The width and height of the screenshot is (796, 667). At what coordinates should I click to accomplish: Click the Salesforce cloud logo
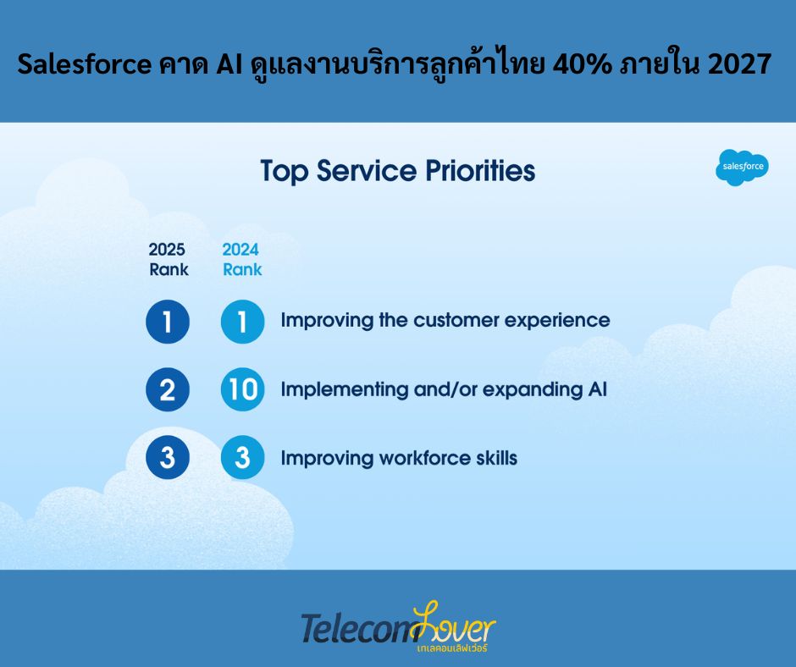pos(742,167)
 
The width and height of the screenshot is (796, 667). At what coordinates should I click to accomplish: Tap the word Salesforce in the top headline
pos(85,64)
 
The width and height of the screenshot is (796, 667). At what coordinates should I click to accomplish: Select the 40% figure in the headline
pos(582,64)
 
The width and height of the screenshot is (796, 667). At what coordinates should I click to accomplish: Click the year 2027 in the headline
pos(739,64)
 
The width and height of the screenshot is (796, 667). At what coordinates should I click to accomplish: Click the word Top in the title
pos(285,172)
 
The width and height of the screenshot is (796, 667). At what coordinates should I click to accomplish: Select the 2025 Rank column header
pos(168,259)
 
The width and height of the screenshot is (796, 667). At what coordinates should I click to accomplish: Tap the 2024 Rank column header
pos(242,259)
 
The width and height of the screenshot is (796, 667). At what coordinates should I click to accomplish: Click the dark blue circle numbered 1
pos(168,322)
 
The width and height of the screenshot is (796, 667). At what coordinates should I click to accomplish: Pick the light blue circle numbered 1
pos(243,322)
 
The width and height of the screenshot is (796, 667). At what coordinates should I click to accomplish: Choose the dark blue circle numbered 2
pos(168,389)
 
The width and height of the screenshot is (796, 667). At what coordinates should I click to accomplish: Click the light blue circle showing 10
pos(243,389)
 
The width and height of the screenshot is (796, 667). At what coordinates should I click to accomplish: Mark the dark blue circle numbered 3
pos(168,457)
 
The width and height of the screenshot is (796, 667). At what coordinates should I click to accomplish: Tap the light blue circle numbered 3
pos(243,457)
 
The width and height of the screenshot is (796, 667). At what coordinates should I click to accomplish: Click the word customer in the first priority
pos(456,321)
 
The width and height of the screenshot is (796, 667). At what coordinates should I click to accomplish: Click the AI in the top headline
pos(229,64)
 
